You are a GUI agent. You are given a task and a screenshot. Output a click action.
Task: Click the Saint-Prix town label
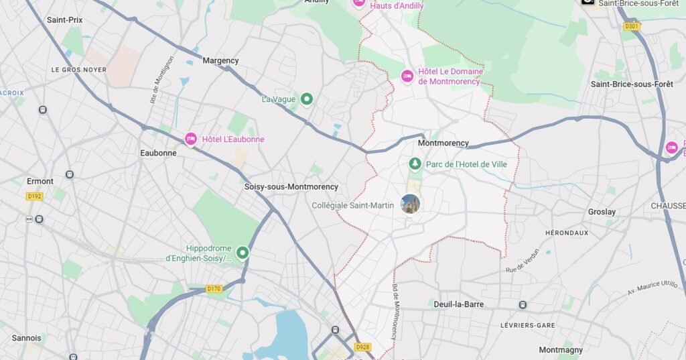[x=64, y=20]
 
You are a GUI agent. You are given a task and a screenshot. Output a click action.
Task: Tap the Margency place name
[x=220, y=61]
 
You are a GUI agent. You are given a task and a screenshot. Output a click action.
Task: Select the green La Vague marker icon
[x=307, y=99]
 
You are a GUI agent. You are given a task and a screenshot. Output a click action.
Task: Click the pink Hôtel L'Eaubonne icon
[x=191, y=139]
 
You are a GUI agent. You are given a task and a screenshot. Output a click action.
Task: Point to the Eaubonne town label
[x=158, y=153]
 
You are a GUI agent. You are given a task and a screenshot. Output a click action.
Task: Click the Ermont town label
[x=40, y=182]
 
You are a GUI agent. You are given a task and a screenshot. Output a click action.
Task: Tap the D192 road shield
[x=34, y=196]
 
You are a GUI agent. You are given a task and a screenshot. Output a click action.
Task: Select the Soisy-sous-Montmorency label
[x=291, y=187]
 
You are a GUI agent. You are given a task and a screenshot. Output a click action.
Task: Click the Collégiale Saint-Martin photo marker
[x=410, y=204]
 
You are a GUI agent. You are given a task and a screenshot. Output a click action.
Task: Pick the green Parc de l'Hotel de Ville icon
[x=415, y=164]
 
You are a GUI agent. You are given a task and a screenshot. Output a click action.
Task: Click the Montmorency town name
[x=443, y=143]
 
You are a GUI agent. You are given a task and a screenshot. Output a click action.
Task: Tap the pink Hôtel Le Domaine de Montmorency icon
[x=407, y=76]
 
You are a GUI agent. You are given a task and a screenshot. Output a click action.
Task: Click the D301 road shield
[x=631, y=27]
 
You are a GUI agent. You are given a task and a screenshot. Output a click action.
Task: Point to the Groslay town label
[x=601, y=212]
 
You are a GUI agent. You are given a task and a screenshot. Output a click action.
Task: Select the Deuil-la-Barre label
[x=458, y=304]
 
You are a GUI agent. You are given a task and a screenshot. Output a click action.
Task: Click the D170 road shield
[x=214, y=289]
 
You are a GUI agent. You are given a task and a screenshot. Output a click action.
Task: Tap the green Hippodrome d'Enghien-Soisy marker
[x=243, y=253]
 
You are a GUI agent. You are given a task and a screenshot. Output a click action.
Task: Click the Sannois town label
[x=26, y=339]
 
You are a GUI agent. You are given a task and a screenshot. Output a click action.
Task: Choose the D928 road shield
[x=362, y=347]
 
